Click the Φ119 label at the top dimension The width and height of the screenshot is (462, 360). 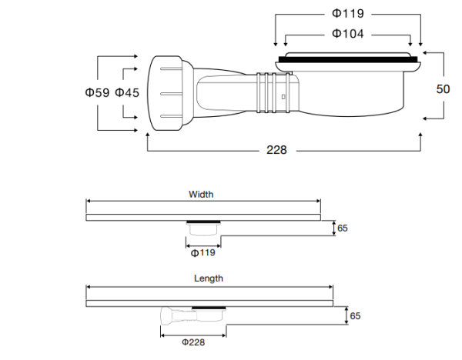click(x=347, y=14)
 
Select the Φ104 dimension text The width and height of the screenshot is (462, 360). click(x=347, y=34)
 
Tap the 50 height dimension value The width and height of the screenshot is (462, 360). click(x=443, y=88)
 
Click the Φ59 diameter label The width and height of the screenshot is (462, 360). click(x=96, y=93)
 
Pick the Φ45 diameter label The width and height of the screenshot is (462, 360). click(x=127, y=93)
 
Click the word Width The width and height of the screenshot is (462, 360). click(x=201, y=195)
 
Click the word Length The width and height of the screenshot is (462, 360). click(x=208, y=278)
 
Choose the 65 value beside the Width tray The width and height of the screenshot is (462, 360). click(x=343, y=228)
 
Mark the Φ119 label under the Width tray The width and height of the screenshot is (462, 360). click(x=203, y=252)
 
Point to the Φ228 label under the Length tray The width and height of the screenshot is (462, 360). click(x=192, y=342)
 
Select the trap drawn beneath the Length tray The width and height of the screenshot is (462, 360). click(x=192, y=315)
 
